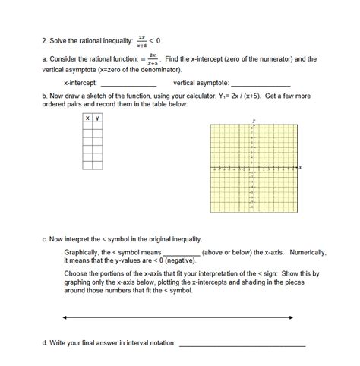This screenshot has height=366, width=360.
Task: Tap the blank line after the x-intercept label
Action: (128, 85)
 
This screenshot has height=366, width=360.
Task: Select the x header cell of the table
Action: (87, 118)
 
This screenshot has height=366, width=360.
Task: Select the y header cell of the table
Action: (97, 118)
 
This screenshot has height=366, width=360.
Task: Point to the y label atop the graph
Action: (254, 121)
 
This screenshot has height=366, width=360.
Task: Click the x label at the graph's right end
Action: (300, 167)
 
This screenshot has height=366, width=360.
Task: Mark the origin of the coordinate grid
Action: (254, 167)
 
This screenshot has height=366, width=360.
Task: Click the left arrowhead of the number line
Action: (65, 317)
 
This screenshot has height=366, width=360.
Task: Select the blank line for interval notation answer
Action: (242, 345)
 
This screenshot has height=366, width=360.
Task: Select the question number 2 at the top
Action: (45, 39)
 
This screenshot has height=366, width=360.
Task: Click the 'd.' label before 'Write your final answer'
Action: (45, 343)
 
